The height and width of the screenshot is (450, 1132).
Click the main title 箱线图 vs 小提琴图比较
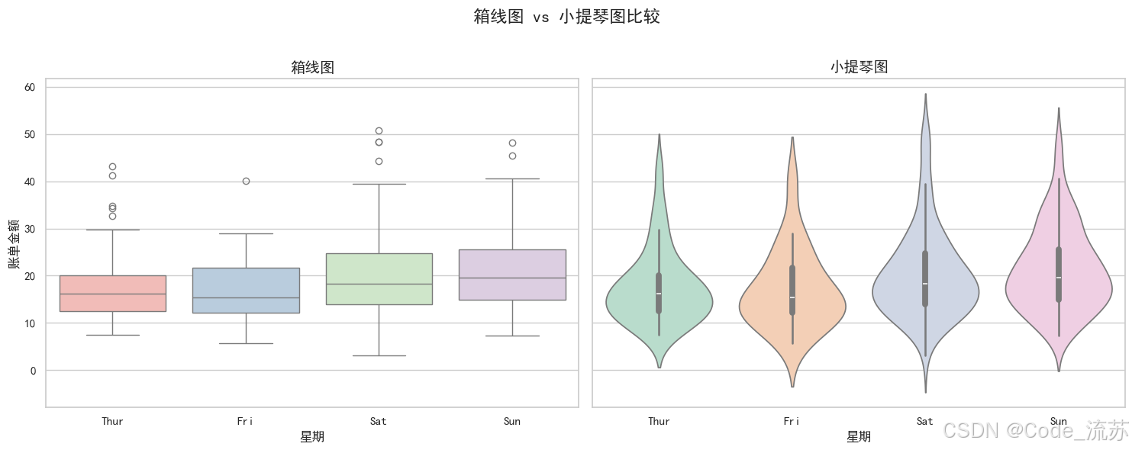coord(566,17)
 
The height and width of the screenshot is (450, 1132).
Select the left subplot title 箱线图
coord(312,67)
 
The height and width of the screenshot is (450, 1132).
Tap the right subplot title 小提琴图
coord(859,67)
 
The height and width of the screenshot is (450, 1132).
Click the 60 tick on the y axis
coord(31,88)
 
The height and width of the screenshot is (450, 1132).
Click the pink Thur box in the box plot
coord(112,293)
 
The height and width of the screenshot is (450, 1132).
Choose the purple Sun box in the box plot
coord(512,275)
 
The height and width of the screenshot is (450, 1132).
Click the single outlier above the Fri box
coord(246,181)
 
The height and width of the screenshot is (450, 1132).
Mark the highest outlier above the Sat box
coord(379,130)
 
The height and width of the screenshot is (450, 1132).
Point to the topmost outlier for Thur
coord(112,166)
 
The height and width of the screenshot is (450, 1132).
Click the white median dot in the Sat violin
coord(925,284)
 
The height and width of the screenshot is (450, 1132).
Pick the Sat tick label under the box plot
coord(379,421)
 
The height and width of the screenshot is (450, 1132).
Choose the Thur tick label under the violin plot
coord(659,421)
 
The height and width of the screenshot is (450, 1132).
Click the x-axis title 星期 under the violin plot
coord(859,437)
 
